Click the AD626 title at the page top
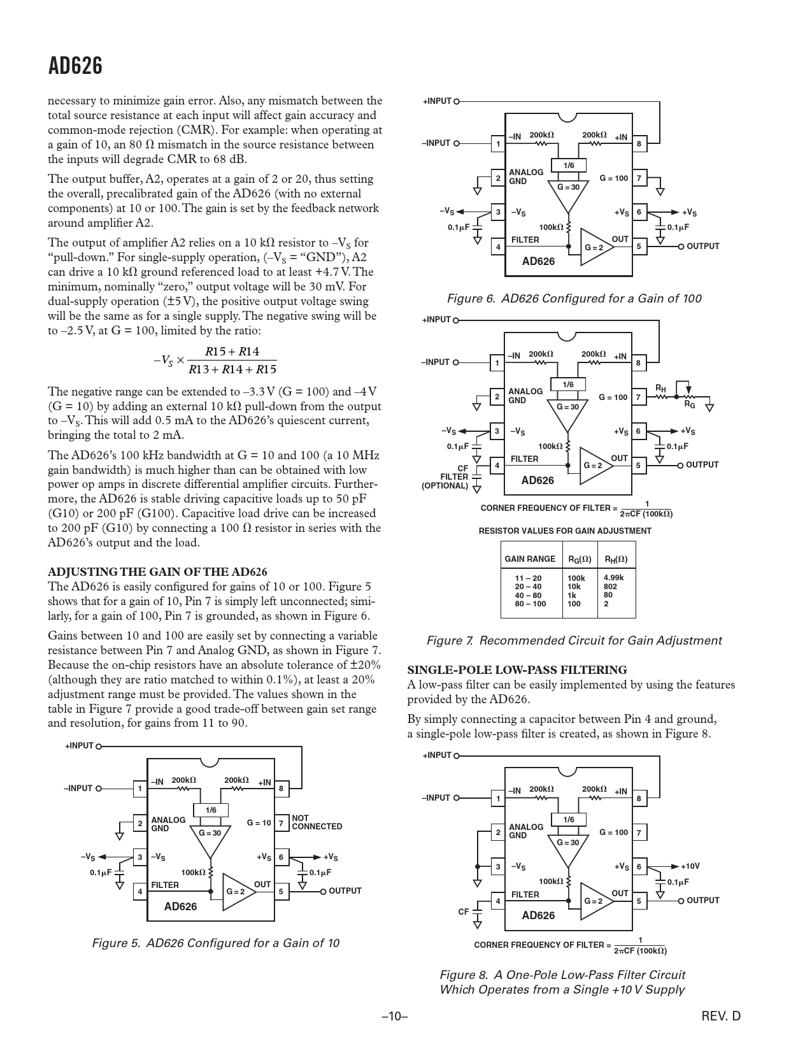pos(75,66)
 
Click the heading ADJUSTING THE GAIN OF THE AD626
pos(158,571)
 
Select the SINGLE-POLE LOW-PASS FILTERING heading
pos(517,669)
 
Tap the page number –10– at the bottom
pos(394,1016)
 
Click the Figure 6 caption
pos(574,298)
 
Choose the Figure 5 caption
pos(216,943)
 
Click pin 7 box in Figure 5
pos(281,823)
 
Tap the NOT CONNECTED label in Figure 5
pos(317,822)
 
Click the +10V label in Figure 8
pos(690,866)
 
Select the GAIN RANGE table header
pos(530,559)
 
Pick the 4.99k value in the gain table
pos(613,578)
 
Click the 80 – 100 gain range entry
pos(530,603)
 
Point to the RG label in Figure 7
pos(690,404)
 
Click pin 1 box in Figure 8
pos(498,798)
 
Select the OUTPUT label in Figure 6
pos(702,247)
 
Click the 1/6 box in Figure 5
pos(211,810)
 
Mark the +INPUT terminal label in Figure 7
pos(436,320)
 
